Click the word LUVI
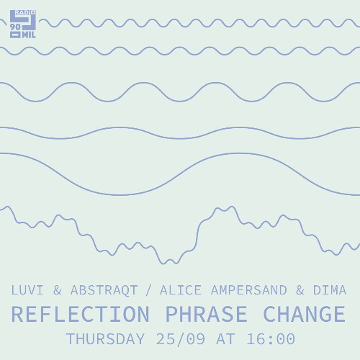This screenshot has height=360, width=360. pos(29,291)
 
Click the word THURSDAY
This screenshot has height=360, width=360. pos(106,338)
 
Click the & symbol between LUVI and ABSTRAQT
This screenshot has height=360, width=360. pos(58,291)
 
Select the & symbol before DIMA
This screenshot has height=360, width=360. pos(300,291)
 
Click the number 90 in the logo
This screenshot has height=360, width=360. pos(16,27)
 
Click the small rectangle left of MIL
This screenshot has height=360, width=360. pos(15,35)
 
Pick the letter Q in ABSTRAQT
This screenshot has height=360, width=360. pos(122,291)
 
